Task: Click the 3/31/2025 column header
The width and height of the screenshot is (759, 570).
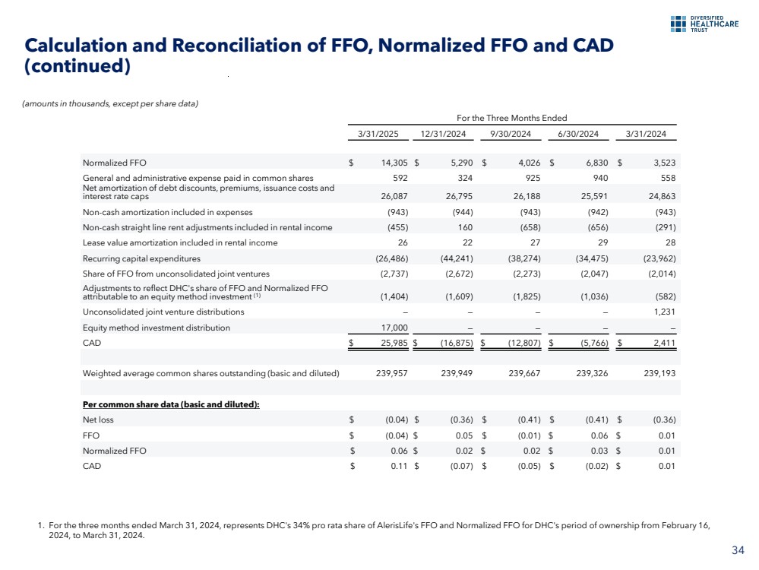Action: (x=378, y=135)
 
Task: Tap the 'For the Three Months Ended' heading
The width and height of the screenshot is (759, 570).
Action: (x=511, y=118)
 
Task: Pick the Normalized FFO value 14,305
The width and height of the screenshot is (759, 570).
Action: (x=394, y=163)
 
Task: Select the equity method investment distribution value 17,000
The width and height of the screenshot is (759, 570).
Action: (x=395, y=328)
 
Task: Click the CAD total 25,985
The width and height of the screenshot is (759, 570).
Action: (x=394, y=344)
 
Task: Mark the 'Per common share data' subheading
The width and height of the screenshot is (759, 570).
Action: (x=171, y=404)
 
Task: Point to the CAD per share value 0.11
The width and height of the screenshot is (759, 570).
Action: (x=400, y=466)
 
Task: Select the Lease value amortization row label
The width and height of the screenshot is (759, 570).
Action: (x=180, y=242)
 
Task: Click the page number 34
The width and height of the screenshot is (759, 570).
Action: (x=738, y=551)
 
